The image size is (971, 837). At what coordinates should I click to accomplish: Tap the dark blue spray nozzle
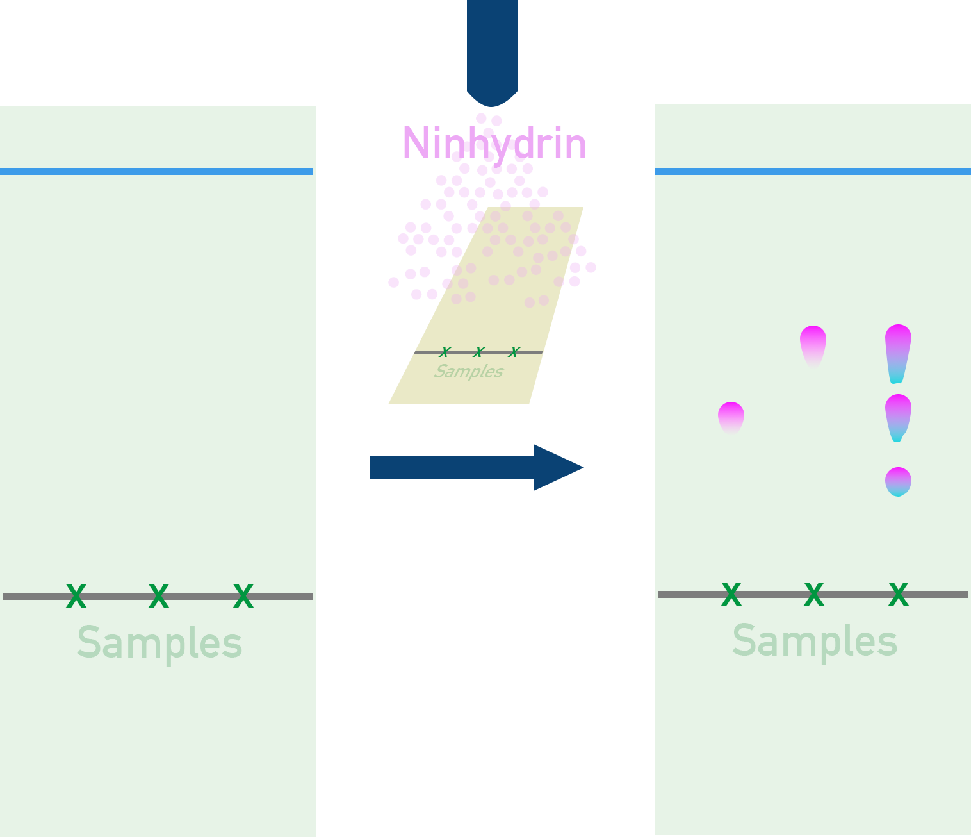[x=492, y=51]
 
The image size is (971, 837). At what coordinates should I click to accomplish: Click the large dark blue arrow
[x=477, y=468]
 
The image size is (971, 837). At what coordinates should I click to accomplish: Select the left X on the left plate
[x=76, y=597]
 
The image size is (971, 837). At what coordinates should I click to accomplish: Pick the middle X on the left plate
[x=159, y=597]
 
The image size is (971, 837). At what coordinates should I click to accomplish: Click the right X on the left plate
[x=243, y=597]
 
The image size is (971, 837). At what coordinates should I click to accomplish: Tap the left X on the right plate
[x=731, y=595]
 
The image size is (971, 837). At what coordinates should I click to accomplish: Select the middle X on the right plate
[x=814, y=595]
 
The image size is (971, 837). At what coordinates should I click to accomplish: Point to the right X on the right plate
[x=899, y=595]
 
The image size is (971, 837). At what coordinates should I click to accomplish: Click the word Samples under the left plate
[x=159, y=643]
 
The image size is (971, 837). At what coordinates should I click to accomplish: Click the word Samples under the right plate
[x=815, y=641]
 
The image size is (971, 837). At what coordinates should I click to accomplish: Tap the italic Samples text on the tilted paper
[x=468, y=372]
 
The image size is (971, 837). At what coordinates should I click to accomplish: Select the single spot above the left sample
[x=731, y=417]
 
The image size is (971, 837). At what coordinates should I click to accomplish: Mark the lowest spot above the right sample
[x=898, y=481]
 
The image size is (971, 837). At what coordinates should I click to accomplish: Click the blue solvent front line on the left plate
[x=156, y=171]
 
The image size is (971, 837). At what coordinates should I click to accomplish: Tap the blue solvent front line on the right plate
[x=813, y=171]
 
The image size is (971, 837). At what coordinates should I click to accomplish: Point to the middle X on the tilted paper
[x=478, y=352]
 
